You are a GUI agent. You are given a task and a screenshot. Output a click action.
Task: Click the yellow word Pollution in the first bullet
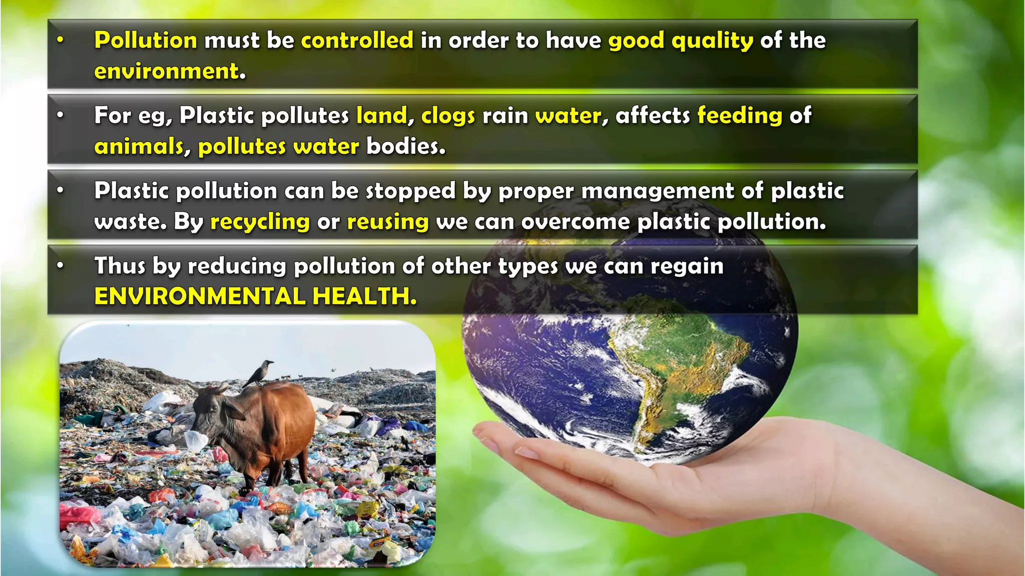(146, 40)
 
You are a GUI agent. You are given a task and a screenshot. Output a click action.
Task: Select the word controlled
(357, 40)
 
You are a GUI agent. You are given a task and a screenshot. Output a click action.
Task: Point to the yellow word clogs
(448, 116)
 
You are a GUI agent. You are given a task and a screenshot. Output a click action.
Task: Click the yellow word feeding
(740, 116)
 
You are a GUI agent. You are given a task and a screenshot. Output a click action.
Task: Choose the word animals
(139, 147)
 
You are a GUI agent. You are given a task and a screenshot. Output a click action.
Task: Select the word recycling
(260, 222)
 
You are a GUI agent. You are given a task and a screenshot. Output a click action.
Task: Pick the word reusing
(388, 222)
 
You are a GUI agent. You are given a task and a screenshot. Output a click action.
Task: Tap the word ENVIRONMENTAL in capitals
(200, 296)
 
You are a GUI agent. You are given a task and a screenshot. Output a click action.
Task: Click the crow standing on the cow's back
(260, 373)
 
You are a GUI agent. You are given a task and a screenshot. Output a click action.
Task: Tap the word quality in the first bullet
(712, 40)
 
